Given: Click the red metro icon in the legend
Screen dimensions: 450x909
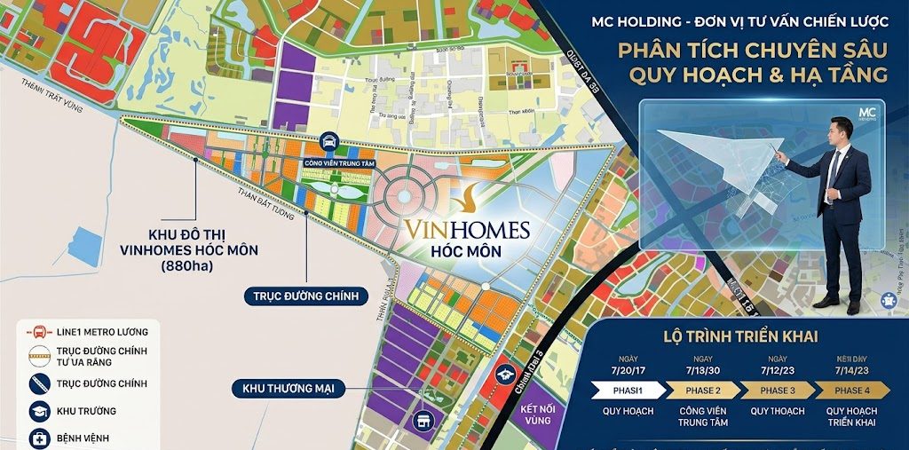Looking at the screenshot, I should (x=39, y=332).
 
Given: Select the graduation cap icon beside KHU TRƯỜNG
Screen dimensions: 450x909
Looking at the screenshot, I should (x=39, y=411).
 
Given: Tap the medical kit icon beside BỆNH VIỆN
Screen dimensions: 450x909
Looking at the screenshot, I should (x=39, y=438).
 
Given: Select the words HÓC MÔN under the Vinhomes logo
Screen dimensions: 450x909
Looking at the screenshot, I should (x=466, y=251).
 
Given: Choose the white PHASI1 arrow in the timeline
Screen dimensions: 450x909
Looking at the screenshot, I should (x=623, y=391).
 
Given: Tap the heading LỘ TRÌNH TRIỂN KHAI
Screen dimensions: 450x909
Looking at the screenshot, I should (x=740, y=336).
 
